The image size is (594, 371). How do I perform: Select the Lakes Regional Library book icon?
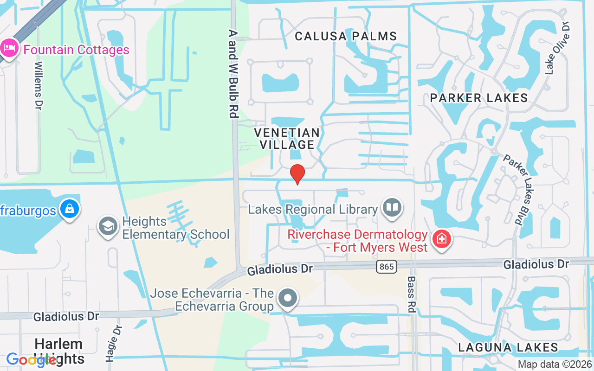[x=392, y=207]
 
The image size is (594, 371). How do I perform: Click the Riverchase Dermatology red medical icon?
[x=441, y=240]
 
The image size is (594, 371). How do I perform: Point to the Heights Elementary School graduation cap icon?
[x=108, y=227]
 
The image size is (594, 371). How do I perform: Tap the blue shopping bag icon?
[x=69, y=210]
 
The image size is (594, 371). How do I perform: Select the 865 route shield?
[x=387, y=266]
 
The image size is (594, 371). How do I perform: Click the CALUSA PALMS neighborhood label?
[x=346, y=36]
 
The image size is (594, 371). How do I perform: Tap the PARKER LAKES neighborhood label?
[x=479, y=98]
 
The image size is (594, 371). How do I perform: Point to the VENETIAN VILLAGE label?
[x=287, y=139]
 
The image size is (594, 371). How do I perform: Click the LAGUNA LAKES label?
[x=508, y=347]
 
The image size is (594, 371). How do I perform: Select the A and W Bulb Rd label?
[x=233, y=74]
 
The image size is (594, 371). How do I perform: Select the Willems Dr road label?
[x=39, y=86]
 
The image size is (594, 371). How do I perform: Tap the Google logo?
[x=32, y=360]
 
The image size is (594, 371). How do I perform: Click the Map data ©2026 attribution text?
[x=555, y=365]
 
